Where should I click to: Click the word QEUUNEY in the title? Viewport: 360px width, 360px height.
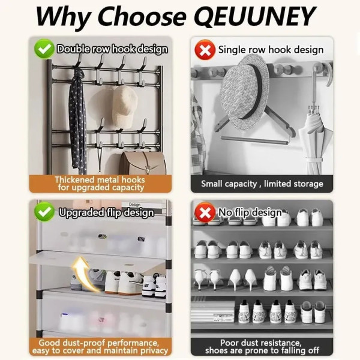pyautogui.click(x=256, y=16)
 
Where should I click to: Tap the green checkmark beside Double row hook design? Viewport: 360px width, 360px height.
pyautogui.click(x=44, y=49)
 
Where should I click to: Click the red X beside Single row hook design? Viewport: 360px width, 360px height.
pyautogui.click(x=205, y=50)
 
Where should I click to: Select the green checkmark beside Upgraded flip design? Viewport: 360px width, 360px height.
pyautogui.click(x=44, y=212)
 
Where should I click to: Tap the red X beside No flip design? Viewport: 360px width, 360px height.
pyautogui.click(x=205, y=212)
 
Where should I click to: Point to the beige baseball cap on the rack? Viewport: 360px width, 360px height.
pyautogui.click(x=124, y=107)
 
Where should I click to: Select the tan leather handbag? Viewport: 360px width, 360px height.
pyautogui.click(x=143, y=163)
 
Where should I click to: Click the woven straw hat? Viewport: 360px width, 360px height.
pyautogui.click(x=245, y=92)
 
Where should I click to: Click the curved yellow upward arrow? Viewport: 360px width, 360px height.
pyautogui.click(x=84, y=274)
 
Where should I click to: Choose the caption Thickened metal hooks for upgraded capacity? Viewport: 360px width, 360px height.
pyautogui.click(x=100, y=184)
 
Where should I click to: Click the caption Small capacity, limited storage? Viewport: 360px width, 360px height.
pyautogui.click(x=262, y=184)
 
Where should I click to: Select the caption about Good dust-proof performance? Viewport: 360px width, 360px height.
pyautogui.click(x=100, y=346)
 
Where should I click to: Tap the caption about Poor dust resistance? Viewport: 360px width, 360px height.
pyautogui.click(x=262, y=346)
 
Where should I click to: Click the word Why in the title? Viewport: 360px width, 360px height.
pyautogui.click(x=63, y=17)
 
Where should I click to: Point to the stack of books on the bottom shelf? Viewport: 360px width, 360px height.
pyautogui.click(x=213, y=311)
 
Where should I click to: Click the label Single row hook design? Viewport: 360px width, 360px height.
pyautogui.click(x=271, y=50)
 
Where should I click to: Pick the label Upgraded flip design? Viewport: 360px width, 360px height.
pyautogui.click(x=106, y=212)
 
